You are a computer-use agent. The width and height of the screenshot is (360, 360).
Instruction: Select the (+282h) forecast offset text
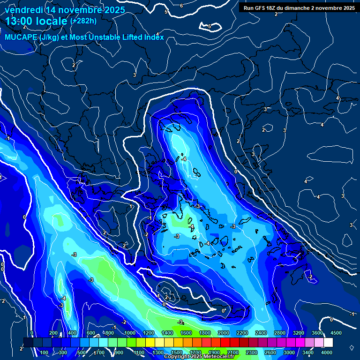(x=83, y=21)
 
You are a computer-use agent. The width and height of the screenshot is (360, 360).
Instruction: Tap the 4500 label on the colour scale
(x=336, y=333)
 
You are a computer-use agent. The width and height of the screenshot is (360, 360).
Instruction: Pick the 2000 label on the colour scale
(x=224, y=333)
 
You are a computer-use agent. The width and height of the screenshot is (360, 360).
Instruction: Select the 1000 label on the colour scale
(x=129, y=333)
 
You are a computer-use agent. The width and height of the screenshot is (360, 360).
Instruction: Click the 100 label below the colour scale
(x=45, y=352)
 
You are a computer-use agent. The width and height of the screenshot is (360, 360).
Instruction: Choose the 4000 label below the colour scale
(x=327, y=352)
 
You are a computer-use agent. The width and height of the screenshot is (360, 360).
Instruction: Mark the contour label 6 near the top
(x=181, y=6)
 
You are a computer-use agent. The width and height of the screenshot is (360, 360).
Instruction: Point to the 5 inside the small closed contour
(x=210, y=26)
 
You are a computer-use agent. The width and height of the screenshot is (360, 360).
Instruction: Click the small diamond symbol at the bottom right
(x=352, y=347)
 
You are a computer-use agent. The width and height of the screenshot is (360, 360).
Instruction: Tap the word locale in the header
(x=51, y=22)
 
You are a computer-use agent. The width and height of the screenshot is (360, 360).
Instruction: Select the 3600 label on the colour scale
(x=317, y=333)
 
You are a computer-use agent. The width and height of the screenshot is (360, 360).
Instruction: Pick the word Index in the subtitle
(x=154, y=37)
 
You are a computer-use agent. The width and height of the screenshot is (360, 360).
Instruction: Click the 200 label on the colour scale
(x=53, y=333)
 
